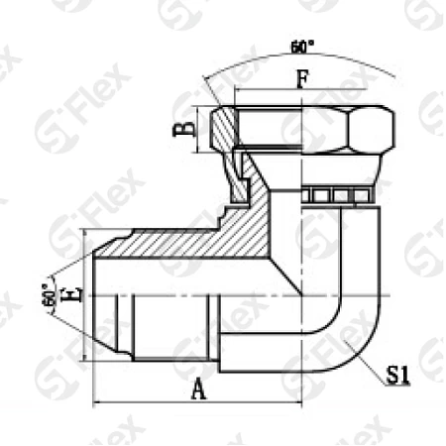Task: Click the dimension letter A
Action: pyautogui.click(x=197, y=390)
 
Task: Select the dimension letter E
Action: pyautogui.click(x=68, y=294)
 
